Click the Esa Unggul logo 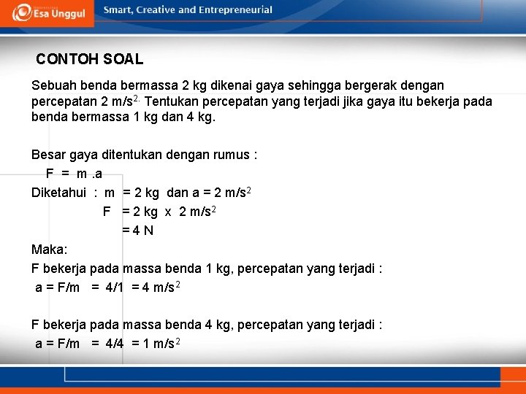(x=48, y=12)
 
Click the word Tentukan (x=175, y=101)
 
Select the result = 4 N (x=137, y=231)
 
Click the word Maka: (x=50, y=250)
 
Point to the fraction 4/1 (x=115, y=287)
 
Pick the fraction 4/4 (x=115, y=344)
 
